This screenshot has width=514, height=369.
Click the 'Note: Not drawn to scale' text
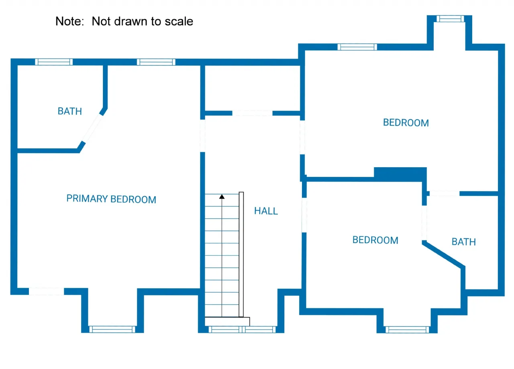pyautogui.click(x=124, y=21)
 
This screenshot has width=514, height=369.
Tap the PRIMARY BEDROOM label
pyautogui.click(x=111, y=199)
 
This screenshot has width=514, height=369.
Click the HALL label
pyautogui.click(x=266, y=211)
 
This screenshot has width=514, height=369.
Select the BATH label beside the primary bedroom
pyautogui.click(x=70, y=111)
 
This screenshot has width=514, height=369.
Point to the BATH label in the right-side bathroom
pyautogui.click(x=464, y=242)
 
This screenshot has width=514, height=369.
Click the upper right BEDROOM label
pyautogui.click(x=406, y=123)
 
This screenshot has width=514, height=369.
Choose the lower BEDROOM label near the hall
pyautogui.click(x=375, y=240)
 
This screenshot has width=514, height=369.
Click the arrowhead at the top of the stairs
pyautogui.click(x=222, y=197)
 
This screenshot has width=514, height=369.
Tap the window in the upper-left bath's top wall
pyautogui.click(x=54, y=62)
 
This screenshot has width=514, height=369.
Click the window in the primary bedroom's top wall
pyautogui.click(x=156, y=62)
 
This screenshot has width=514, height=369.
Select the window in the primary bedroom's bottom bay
pyautogui.click(x=112, y=329)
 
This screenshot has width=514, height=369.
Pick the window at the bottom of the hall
pyautogui.click(x=242, y=330)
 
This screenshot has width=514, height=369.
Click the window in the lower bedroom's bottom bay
pyautogui.click(x=407, y=330)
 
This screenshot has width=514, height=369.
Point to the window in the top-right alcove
pyautogui.click(x=450, y=18)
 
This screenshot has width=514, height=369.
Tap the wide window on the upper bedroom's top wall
pyautogui.click(x=357, y=47)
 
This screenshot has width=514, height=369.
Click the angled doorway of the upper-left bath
pyautogui.click(x=93, y=128)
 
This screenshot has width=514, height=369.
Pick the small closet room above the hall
pyautogui.click(x=252, y=88)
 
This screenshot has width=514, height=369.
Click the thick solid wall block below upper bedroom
pyautogui.click(x=400, y=173)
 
